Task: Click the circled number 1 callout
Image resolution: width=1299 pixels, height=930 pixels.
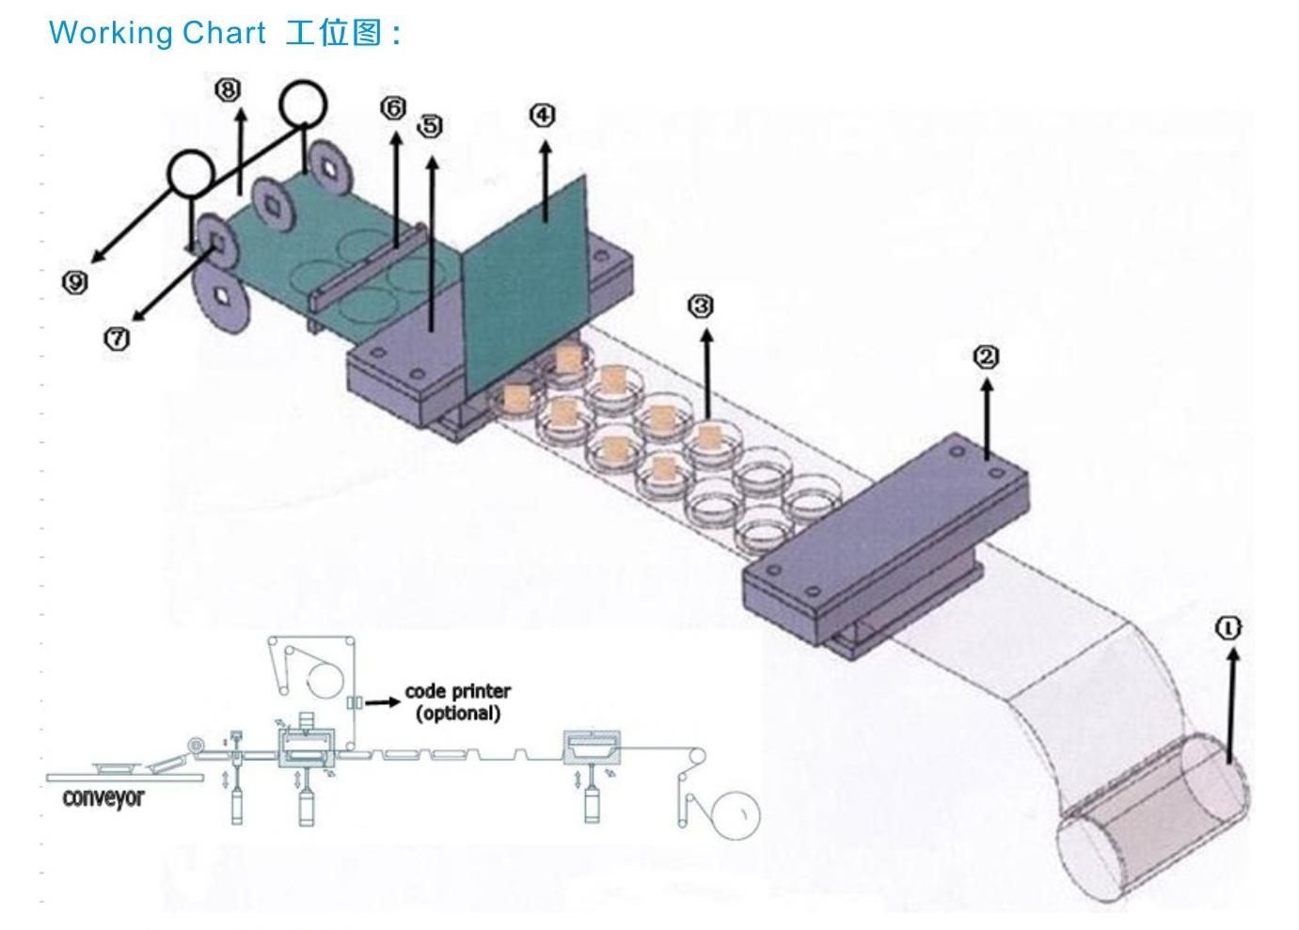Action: tap(1228, 628)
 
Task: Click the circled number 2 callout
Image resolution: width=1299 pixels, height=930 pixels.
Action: tap(986, 356)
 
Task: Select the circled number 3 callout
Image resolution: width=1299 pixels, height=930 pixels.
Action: tap(701, 306)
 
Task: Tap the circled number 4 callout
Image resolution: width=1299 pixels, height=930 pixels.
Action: tap(543, 115)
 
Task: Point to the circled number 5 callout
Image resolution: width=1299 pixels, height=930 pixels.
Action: tap(430, 126)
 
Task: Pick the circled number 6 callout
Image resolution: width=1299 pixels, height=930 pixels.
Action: tap(393, 108)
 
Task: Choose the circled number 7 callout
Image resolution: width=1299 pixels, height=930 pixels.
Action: tap(116, 339)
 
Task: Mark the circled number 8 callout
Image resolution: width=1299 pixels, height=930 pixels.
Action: tap(228, 89)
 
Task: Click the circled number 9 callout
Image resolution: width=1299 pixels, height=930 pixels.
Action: tap(75, 281)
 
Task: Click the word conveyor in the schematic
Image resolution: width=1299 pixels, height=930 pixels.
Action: tap(103, 797)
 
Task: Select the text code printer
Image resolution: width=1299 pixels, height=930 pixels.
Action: tap(458, 691)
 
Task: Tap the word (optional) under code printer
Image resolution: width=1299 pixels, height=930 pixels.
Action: tap(458, 713)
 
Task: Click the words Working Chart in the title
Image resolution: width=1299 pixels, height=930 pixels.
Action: tap(157, 33)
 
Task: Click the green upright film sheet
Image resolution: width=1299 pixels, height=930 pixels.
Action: tap(527, 282)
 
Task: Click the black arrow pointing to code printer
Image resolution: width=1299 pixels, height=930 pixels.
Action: tap(382, 701)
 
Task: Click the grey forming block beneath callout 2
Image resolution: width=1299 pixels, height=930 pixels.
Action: tap(884, 536)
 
